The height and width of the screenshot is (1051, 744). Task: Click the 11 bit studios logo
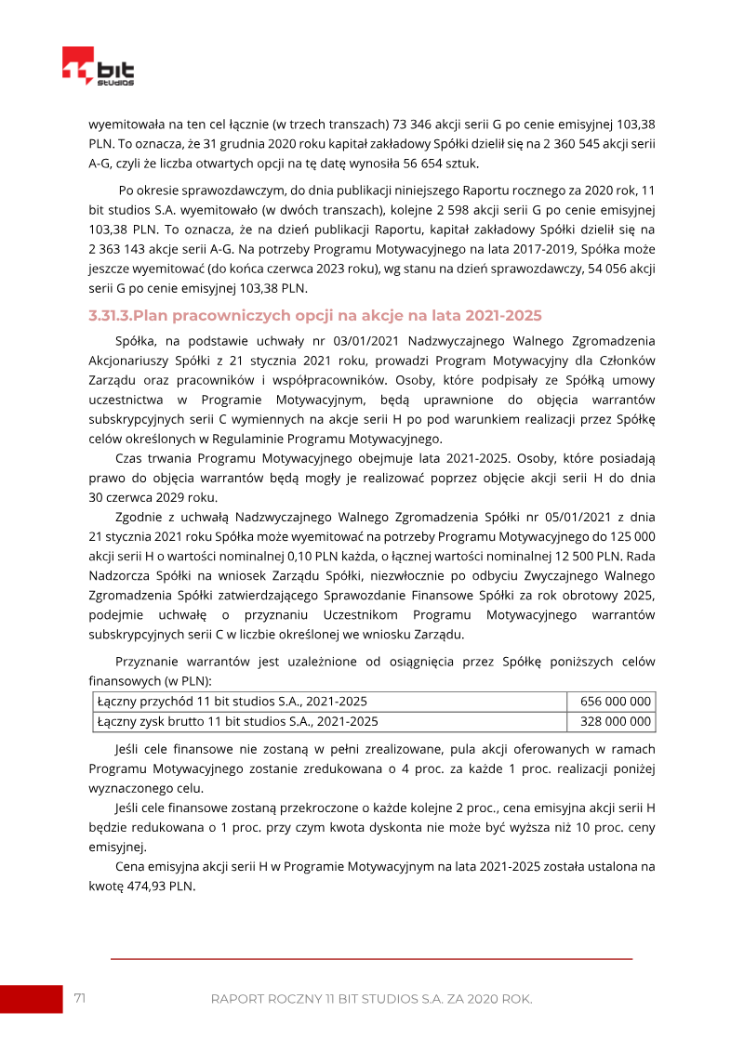[x=98, y=67]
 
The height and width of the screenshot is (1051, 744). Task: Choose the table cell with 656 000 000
[x=615, y=702]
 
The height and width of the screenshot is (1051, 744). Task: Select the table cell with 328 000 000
[x=615, y=721]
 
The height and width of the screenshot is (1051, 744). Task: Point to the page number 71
[x=80, y=998]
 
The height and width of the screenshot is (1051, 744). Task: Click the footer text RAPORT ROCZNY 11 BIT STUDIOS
[x=371, y=999]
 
